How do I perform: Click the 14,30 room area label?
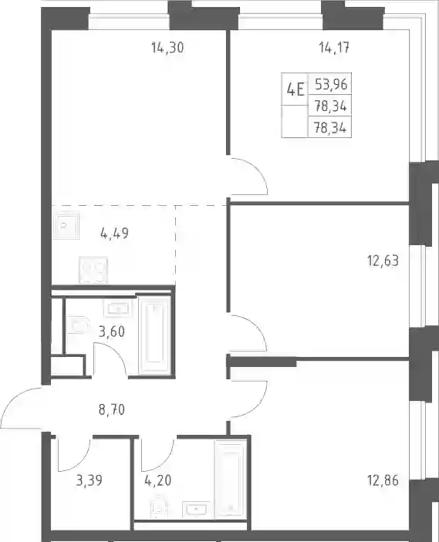167,48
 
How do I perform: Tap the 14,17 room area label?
334,48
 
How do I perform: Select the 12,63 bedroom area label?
383,261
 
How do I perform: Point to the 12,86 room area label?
383,480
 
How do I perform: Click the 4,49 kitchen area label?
114,234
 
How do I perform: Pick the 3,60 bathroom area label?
111,332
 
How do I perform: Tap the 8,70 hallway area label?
111,410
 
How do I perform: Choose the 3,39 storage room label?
89,480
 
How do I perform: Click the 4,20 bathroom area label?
158,480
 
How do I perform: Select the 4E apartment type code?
295,90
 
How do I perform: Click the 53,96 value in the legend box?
330,84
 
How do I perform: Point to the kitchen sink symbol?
66,226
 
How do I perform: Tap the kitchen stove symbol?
93,271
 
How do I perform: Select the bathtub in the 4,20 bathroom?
231,479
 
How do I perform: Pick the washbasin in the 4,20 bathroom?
196,510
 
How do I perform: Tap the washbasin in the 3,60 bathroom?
117,307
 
